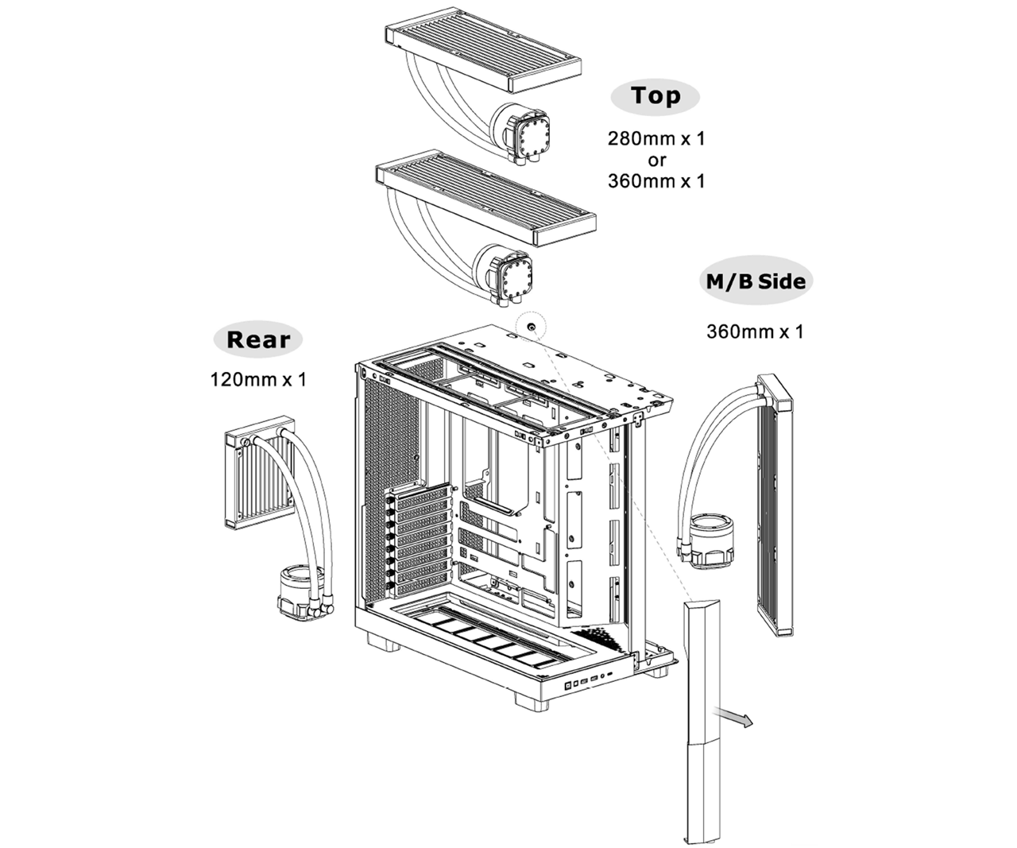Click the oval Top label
click(655, 96)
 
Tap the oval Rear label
click(257, 340)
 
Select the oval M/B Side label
click(756, 281)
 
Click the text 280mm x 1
click(656, 138)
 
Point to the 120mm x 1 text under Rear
click(257, 380)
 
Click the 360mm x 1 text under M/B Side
click(755, 331)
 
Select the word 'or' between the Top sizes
click(656, 160)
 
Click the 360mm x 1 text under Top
click(656, 181)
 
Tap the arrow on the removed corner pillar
click(732, 716)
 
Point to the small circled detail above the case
click(531, 326)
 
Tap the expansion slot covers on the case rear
click(420, 540)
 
